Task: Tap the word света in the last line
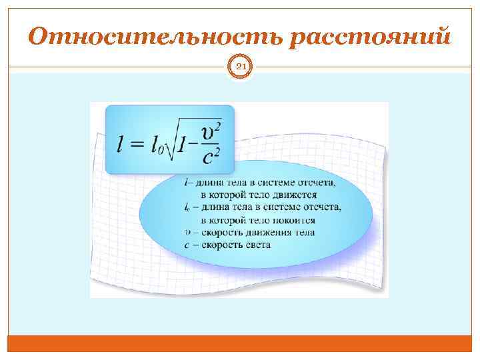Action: [x=258, y=245]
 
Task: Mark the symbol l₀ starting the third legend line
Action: [x=187, y=207]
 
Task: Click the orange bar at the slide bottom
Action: [x=240, y=343]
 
